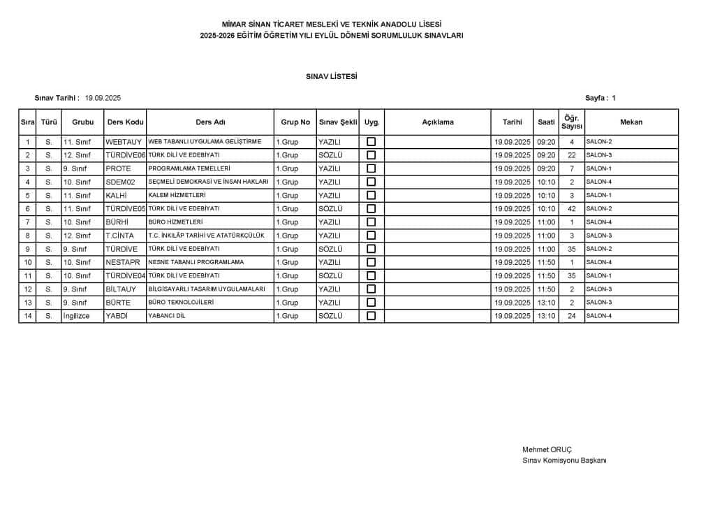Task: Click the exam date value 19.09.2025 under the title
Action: (x=103, y=99)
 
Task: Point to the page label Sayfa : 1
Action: (x=600, y=99)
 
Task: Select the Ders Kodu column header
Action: (x=125, y=122)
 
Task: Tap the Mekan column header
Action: (x=631, y=122)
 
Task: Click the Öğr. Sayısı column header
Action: (x=572, y=122)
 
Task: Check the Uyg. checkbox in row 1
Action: (x=371, y=142)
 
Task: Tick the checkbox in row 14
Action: (x=371, y=316)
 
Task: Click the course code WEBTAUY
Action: (x=124, y=142)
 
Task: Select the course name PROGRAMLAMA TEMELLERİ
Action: (x=189, y=168)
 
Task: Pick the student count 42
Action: (x=572, y=209)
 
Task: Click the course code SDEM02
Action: (x=121, y=182)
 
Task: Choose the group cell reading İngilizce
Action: (x=77, y=316)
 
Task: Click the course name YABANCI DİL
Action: (x=168, y=316)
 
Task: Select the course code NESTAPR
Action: (x=123, y=262)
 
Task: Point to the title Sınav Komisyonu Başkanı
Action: (x=564, y=460)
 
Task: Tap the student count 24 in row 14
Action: (x=572, y=316)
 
